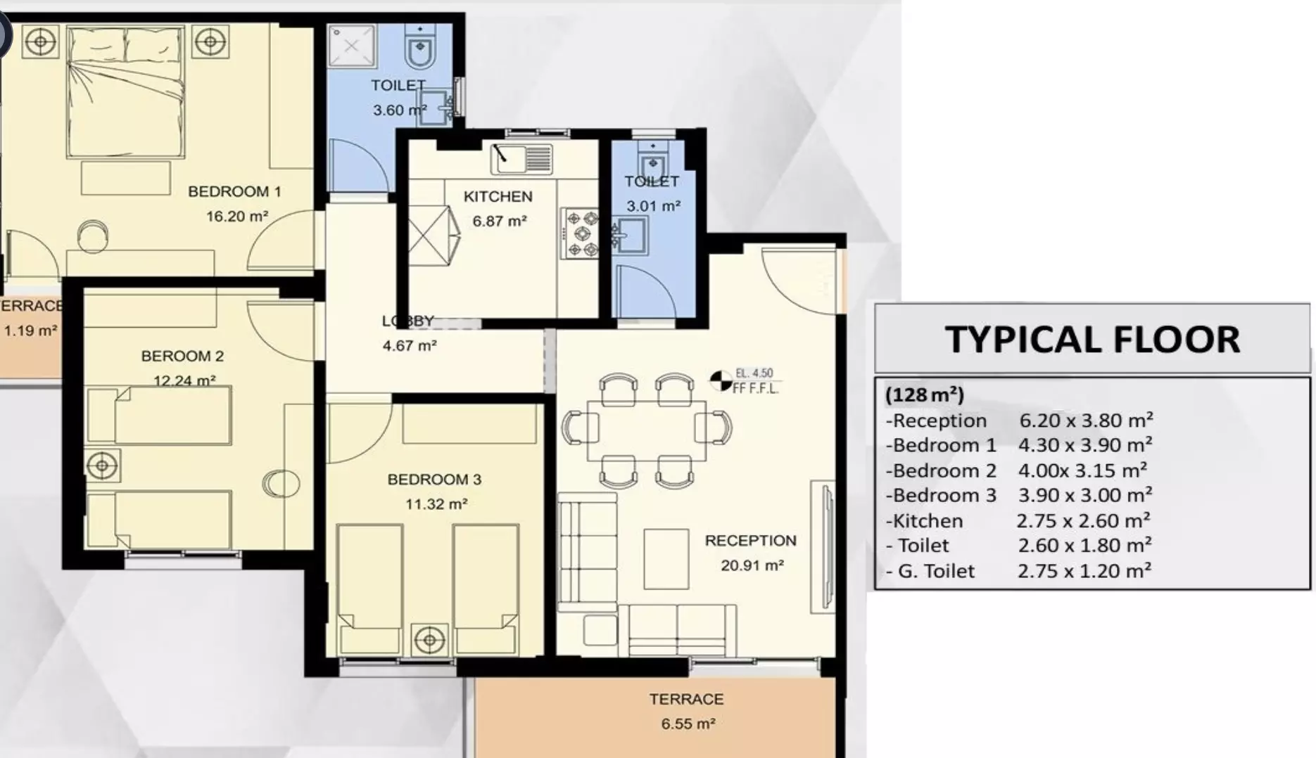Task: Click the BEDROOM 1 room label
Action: point(234,191)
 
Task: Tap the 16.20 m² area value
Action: point(237,216)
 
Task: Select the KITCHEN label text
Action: point(498,197)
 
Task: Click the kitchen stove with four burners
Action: point(581,233)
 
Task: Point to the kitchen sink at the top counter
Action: point(521,159)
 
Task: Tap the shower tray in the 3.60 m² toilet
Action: point(351,46)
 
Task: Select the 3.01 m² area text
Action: point(654,207)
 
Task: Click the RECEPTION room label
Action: point(751,541)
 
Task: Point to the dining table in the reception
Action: point(647,430)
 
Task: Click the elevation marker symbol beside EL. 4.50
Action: point(721,380)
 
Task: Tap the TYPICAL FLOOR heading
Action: point(1092,340)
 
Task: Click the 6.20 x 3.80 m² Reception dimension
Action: point(1086,420)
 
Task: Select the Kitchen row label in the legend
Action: point(924,521)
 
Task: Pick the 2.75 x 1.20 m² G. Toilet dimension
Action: point(1084,571)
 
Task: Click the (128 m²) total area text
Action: point(925,394)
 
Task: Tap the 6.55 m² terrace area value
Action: point(688,724)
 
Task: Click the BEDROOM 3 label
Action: point(434,480)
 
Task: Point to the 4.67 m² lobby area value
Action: point(410,346)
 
